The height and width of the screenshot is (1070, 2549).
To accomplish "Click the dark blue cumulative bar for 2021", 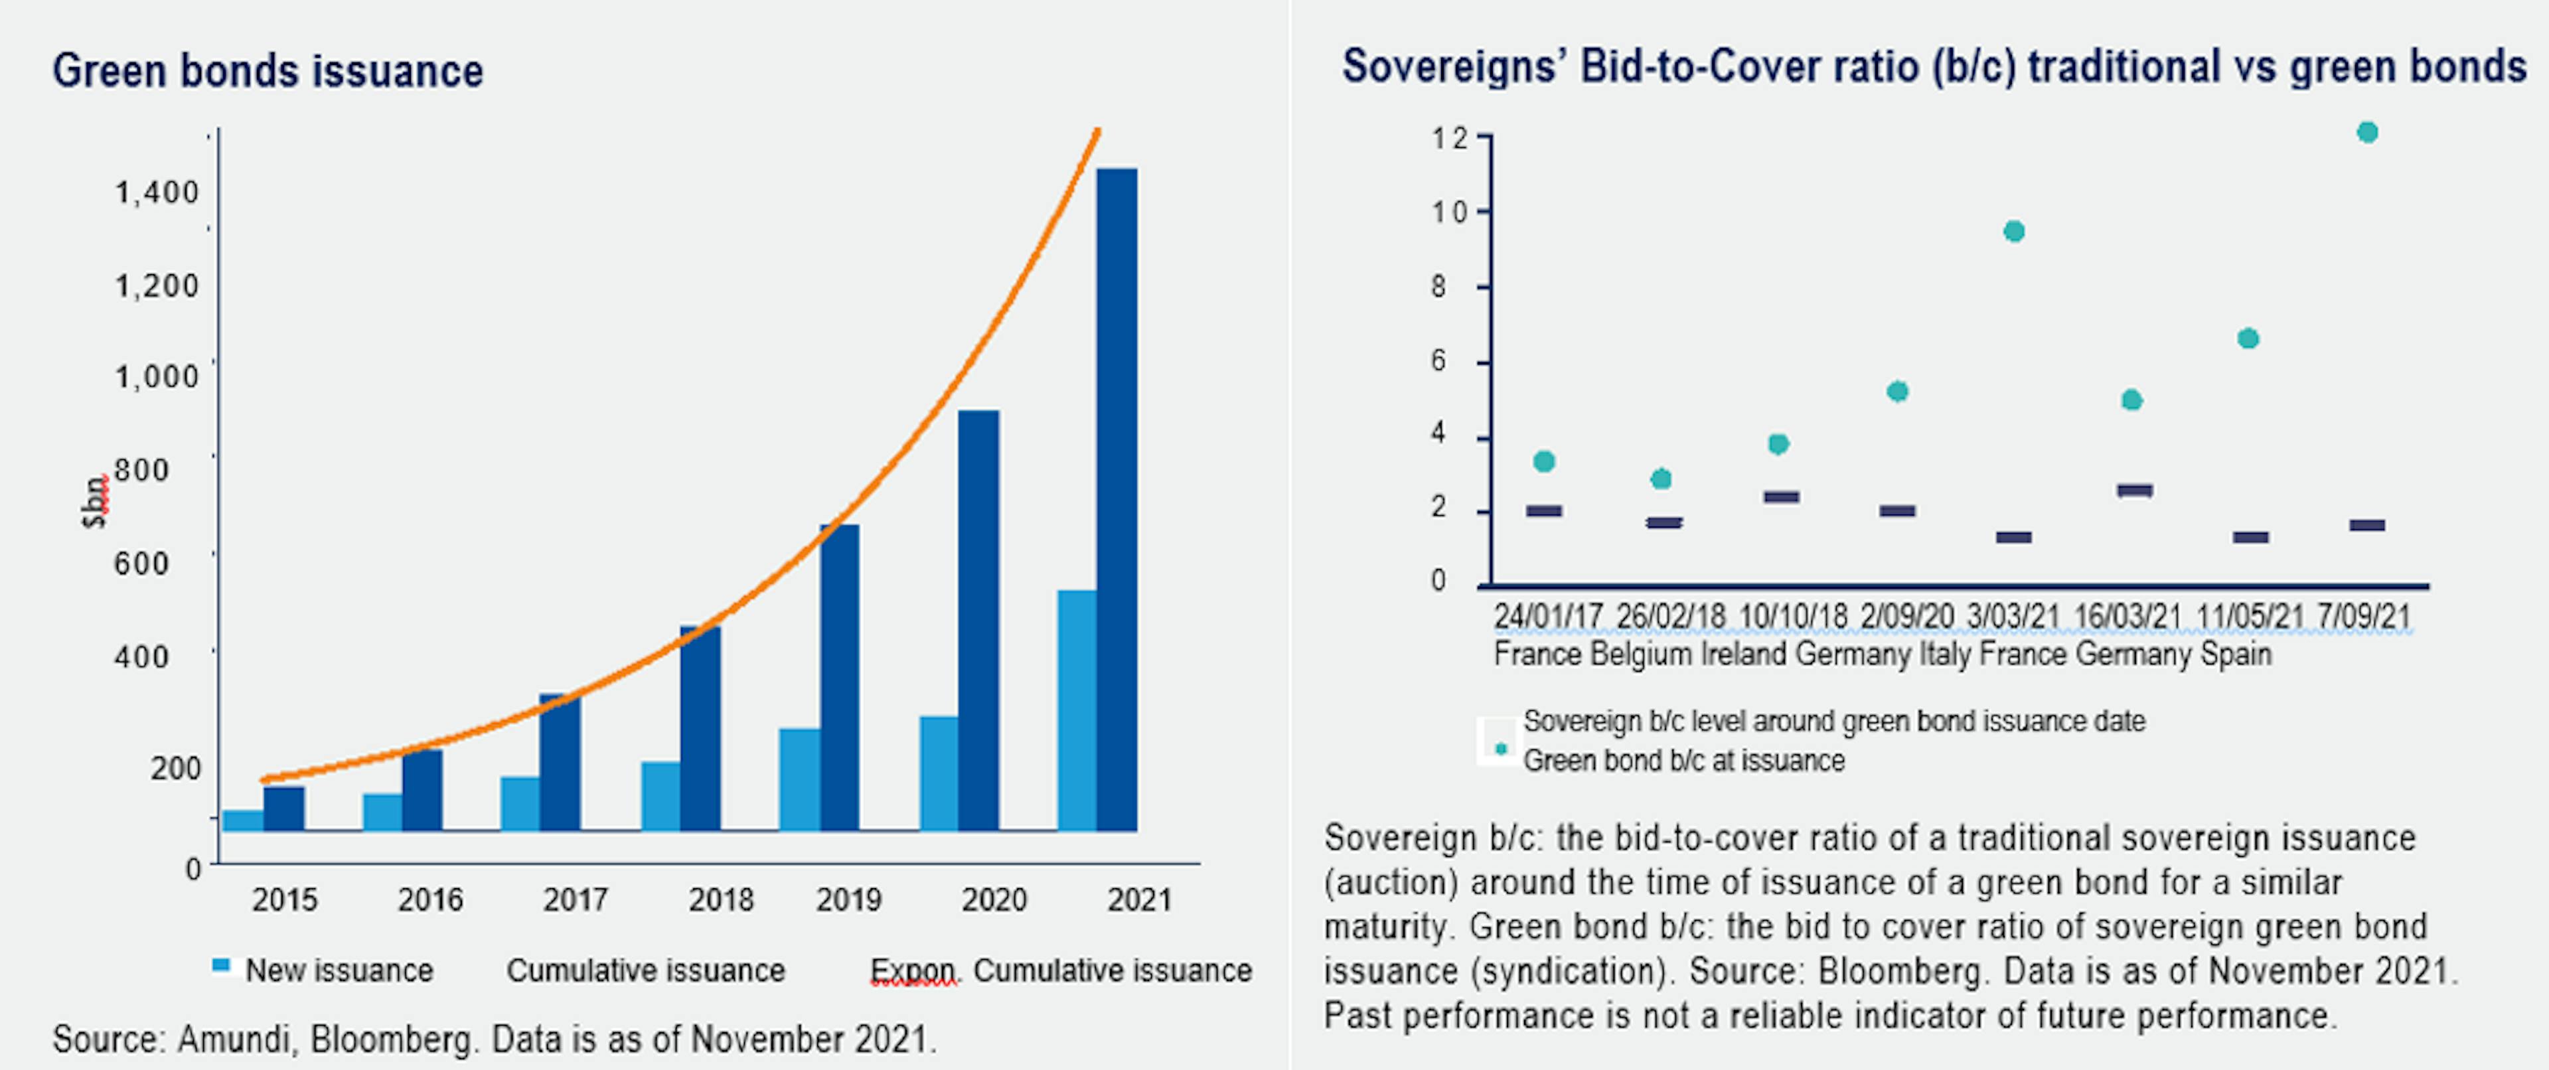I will [1117, 499].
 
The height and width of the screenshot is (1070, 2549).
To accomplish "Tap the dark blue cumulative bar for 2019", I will [839, 677].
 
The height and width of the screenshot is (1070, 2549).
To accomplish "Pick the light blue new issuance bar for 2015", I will [242, 820].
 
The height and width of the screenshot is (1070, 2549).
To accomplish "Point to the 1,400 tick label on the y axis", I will [157, 192].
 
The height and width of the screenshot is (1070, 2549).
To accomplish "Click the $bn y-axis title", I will [94, 503].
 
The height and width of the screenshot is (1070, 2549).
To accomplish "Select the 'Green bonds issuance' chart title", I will [268, 71].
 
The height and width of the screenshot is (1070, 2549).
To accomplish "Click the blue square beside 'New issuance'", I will [222, 966].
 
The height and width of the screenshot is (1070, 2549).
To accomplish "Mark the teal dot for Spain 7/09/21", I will [2367, 133].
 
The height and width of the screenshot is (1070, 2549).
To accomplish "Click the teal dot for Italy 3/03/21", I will [2014, 232].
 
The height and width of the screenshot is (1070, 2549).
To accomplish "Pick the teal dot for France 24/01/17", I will [1543, 461].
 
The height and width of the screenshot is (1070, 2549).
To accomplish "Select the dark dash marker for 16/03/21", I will [2134, 490].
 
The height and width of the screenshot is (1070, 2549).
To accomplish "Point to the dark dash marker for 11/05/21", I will [2250, 538].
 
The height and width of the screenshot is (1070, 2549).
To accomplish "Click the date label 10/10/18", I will [1793, 617].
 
